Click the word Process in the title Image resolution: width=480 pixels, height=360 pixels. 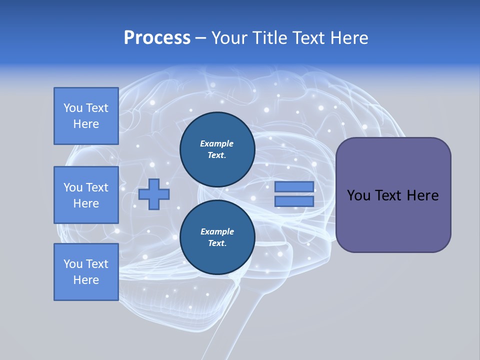pyautogui.click(x=157, y=38)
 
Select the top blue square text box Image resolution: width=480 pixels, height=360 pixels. pyautogui.click(x=86, y=116)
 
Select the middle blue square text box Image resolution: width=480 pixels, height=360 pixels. pyautogui.click(x=86, y=195)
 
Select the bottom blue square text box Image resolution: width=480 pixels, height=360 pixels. pyautogui.click(x=86, y=272)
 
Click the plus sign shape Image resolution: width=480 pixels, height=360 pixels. pyautogui.click(x=154, y=194)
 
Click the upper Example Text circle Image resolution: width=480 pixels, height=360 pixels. pyautogui.click(x=217, y=149)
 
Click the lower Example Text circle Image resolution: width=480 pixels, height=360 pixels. pyautogui.click(x=217, y=237)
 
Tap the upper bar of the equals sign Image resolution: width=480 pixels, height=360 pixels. pyautogui.click(x=294, y=187)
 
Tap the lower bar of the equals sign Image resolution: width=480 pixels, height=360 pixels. pyautogui.click(x=294, y=201)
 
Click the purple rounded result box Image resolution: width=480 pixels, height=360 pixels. pyautogui.click(x=393, y=220)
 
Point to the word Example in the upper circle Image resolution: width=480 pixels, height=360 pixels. pyautogui.click(x=217, y=144)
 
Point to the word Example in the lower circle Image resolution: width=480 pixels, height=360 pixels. pyautogui.click(x=217, y=232)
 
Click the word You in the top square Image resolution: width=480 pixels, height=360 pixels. pyautogui.click(x=73, y=108)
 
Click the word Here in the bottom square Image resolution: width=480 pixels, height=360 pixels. pyautogui.click(x=86, y=280)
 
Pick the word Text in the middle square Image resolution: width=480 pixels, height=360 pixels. pyautogui.click(x=96, y=187)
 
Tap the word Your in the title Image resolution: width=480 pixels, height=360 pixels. pyautogui.click(x=228, y=38)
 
